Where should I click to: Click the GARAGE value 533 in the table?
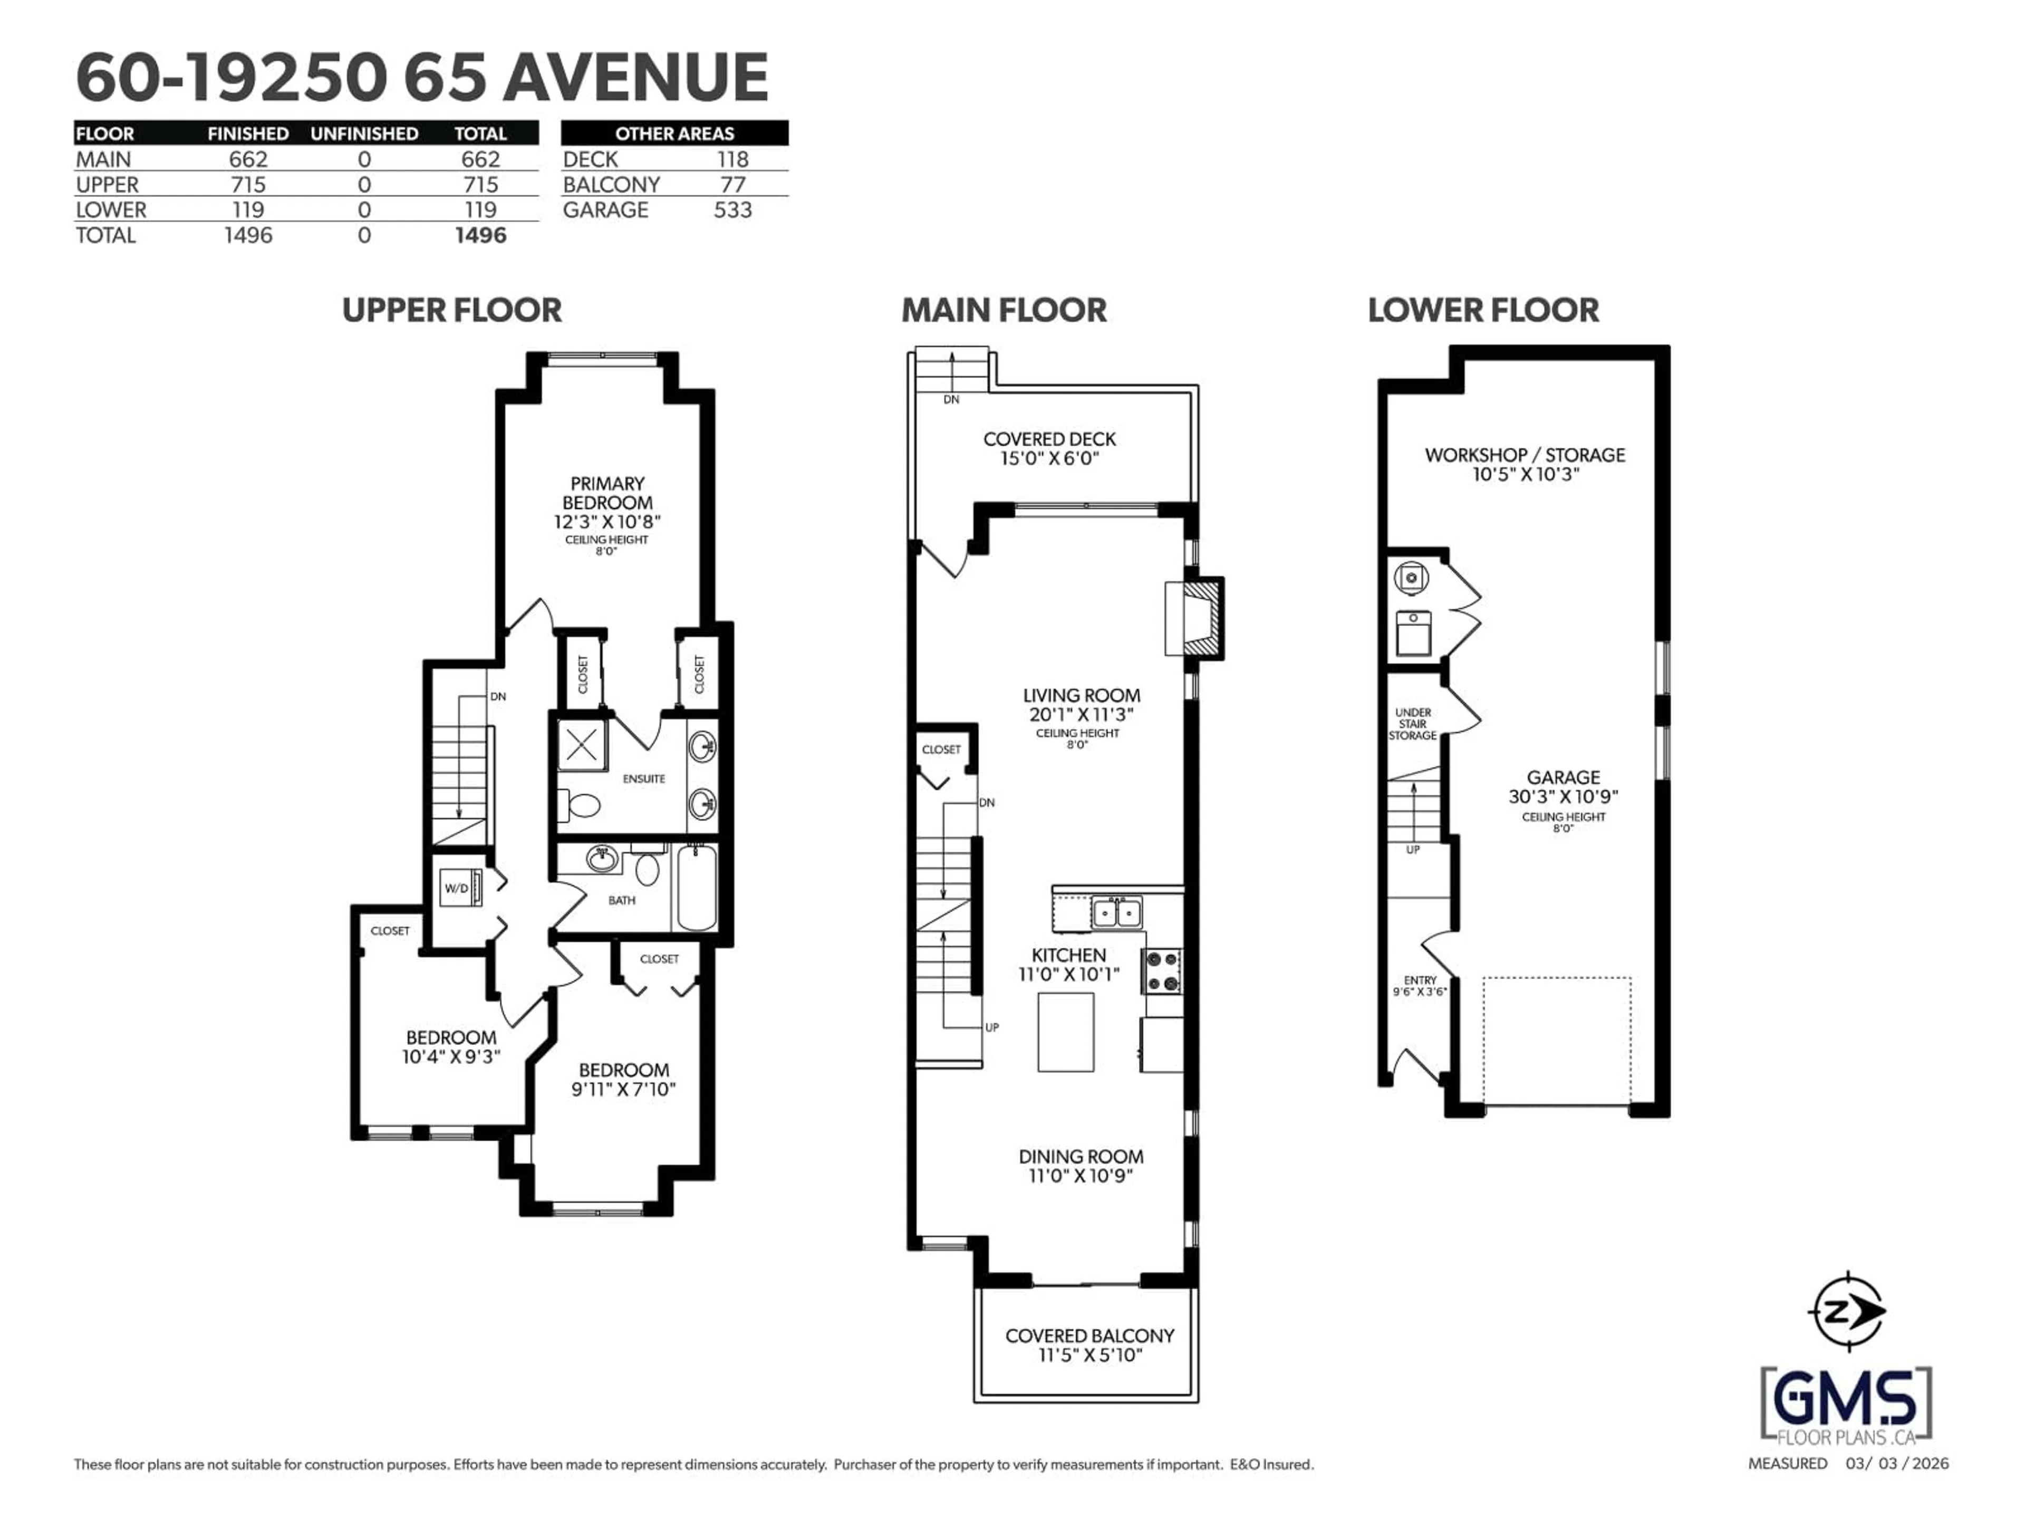click(732, 210)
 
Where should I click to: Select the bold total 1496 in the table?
click(480, 235)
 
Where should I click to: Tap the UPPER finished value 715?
click(248, 184)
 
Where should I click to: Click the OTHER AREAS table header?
click(674, 133)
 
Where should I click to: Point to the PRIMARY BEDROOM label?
click(607, 493)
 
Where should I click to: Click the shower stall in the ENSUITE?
click(581, 745)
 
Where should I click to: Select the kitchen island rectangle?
click(1066, 1032)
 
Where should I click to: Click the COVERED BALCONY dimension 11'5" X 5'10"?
click(1089, 1355)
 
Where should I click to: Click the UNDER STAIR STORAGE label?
click(1413, 723)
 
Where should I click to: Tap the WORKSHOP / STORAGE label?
click(1524, 455)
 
